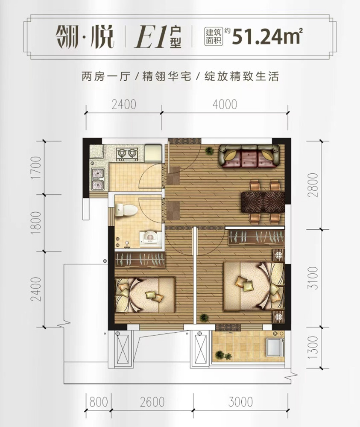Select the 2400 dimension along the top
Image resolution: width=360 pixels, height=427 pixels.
click(124, 104)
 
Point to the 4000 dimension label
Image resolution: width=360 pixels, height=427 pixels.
click(225, 104)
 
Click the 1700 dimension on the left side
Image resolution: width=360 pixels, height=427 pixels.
click(36, 168)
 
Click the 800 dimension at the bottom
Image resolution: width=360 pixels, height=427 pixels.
click(99, 402)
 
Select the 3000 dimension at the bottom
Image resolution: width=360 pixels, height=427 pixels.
click(241, 402)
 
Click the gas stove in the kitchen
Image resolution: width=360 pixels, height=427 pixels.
click(127, 154)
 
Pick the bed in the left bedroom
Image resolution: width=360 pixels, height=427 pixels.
click(145, 295)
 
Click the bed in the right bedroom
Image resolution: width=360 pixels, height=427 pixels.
click(254, 286)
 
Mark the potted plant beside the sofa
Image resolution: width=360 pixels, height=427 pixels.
click(209, 150)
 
